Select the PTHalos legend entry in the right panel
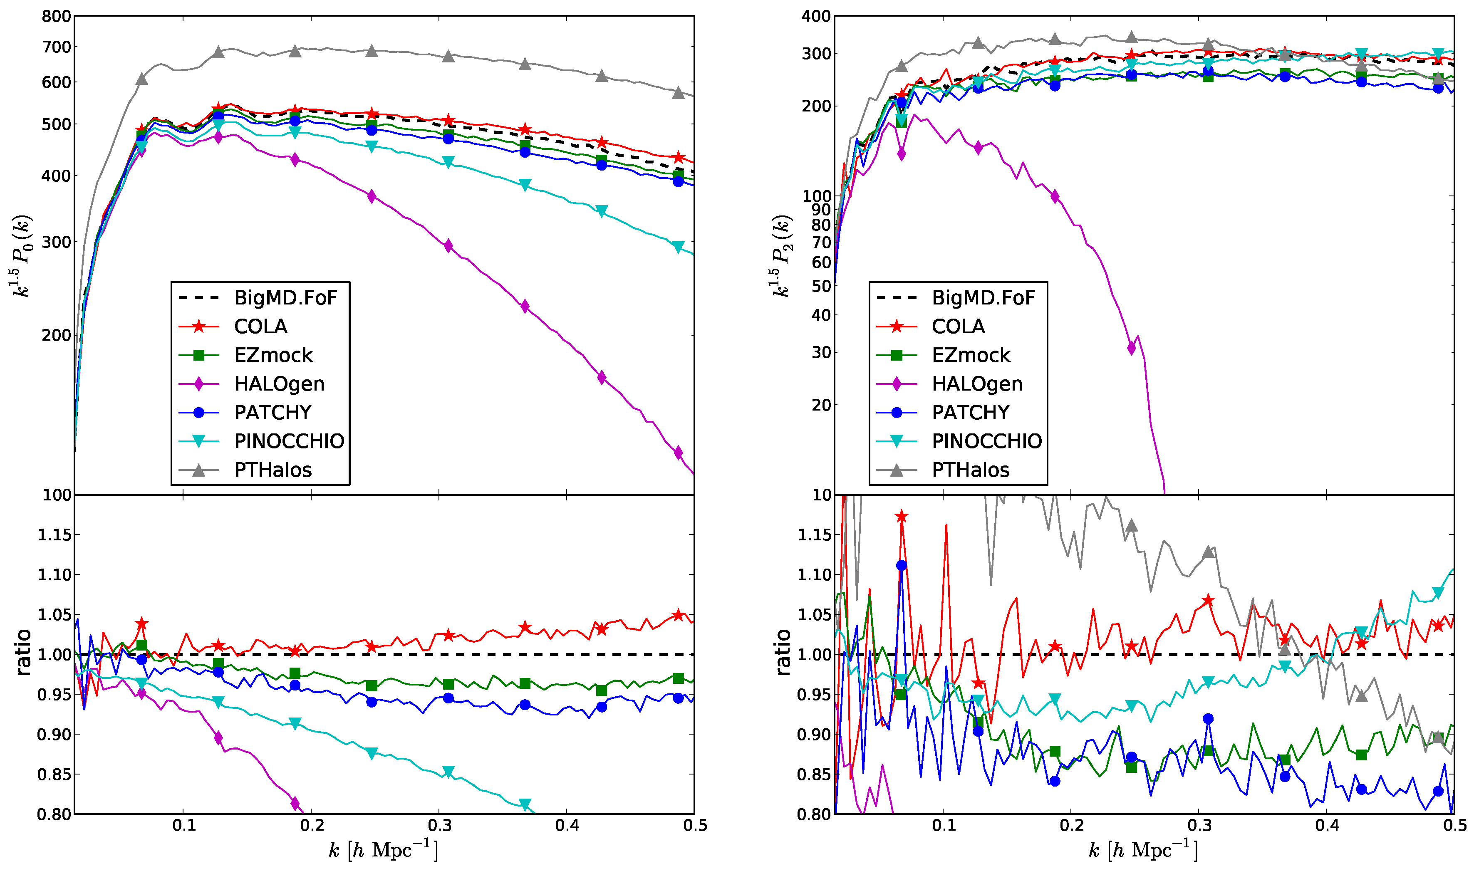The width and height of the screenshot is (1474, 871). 970,470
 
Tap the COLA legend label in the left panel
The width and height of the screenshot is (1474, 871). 260,327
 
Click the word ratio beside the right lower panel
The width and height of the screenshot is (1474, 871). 783,653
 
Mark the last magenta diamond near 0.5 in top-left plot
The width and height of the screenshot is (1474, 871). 678,453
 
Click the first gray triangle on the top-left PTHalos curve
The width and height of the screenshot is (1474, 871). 141,79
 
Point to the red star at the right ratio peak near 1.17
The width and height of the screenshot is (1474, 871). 902,517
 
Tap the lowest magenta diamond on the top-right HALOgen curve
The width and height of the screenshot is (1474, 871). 1131,348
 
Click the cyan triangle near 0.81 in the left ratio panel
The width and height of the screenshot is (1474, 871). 525,804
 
